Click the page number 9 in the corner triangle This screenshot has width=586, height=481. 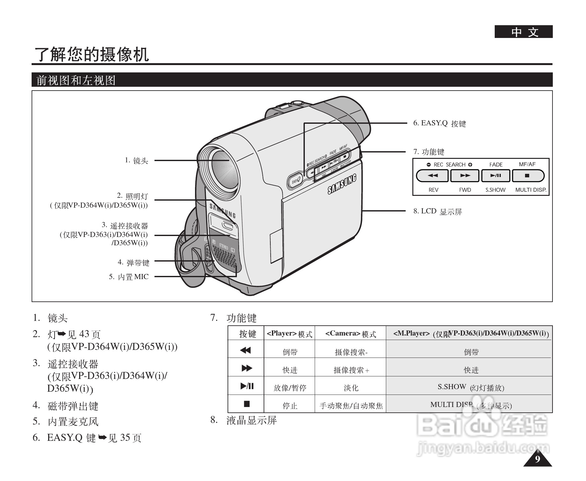pyautogui.click(x=537, y=459)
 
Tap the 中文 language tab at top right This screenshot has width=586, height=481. pyautogui.click(x=523, y=32)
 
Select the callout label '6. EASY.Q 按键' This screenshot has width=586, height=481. pyautogui.click(x=439, y=123)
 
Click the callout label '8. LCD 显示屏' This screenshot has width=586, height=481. pyautogui.click(x=438, y=211)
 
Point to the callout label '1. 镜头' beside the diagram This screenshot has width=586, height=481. pyautogui.click(x=136, y=160)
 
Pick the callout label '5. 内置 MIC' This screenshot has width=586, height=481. pyautogui.click(x=129, y=277)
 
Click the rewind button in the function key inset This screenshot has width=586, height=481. pyautogui.click(x=432, y=175)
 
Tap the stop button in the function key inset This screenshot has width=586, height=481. pyautogui.click(x=527, y=175)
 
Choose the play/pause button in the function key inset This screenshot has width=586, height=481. pyautogui.click(x=496, y=175)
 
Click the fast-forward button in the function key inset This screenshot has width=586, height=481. pyautogui.click(x=465, y=175)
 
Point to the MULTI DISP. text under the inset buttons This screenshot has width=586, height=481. pyautogui.click(x=531, y=190)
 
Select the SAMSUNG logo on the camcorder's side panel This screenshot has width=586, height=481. pyautogui.click(x=342, y=185)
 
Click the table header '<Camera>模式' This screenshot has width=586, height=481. pyautogui.click(x=350, y=334)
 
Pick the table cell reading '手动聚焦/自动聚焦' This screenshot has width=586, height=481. pyautogui.click(x=350, y=406)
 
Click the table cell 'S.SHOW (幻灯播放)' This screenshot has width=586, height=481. pyautogui.click(x=471, y=388)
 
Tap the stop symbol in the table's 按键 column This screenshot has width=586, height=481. pyautogui.click(x=246, y=404)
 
